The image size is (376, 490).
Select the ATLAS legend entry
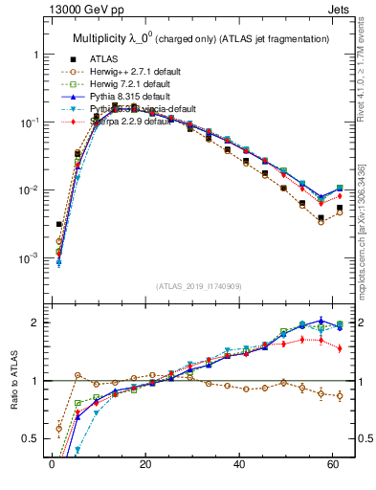tap(103, 58)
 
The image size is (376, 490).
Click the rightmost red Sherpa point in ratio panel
tap(340, 348)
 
